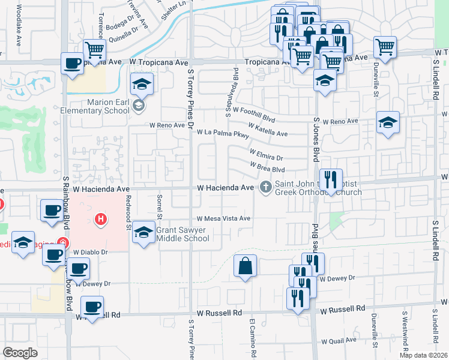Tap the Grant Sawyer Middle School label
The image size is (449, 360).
click(182, 234)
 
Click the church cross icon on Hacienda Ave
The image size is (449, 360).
click(265, 188)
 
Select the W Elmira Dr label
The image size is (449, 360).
click(266, 155)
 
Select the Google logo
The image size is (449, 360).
click(20, 352)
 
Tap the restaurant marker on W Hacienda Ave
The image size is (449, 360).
click(331, 178)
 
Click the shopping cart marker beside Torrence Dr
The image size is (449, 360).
click(94, 49)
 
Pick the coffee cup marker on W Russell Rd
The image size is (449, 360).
click(92, 307)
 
